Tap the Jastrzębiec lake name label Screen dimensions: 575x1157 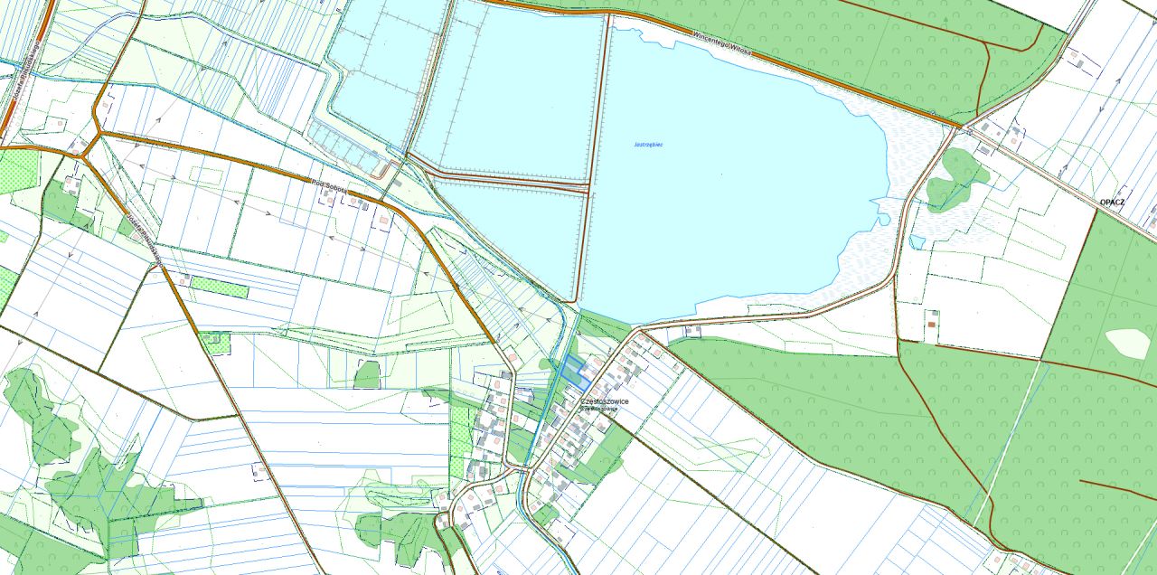(648, 145)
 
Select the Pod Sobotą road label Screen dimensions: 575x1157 (325, 184)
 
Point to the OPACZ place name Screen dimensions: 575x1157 (1111, 203)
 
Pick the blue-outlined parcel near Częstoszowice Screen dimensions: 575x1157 (571, 371)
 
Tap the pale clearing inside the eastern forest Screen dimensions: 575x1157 (1127, 343)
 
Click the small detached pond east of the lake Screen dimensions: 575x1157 (917, 241)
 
